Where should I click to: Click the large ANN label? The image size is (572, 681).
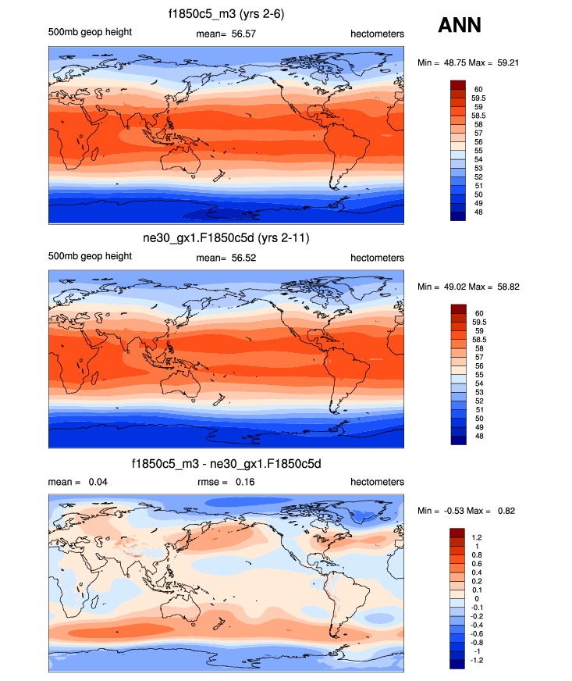point(460,25)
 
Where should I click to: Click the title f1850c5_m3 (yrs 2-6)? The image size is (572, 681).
point(226,13)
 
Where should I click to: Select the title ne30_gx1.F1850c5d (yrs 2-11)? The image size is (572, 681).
point(226,237)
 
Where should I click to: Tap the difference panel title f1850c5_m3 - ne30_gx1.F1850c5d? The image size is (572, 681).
point(226,464)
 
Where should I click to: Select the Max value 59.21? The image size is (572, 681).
point(505,62)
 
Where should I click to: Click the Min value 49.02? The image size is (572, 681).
point(447,287)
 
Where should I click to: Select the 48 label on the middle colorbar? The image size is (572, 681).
point(475,437)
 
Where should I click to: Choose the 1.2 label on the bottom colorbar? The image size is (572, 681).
point(477,538)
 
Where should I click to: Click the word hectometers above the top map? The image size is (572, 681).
point(377,32)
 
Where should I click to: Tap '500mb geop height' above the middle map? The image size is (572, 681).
point(90,258)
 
